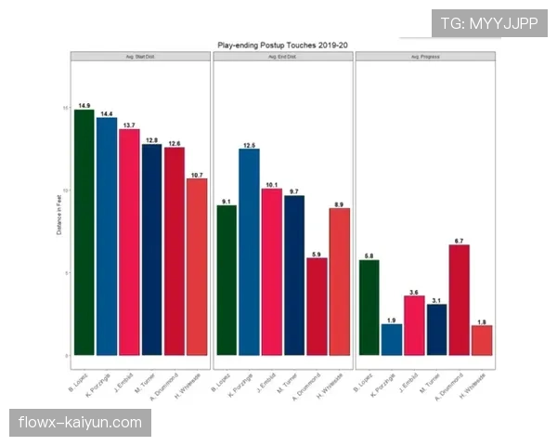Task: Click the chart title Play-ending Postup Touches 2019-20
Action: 282,44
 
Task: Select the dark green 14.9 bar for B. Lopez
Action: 84,232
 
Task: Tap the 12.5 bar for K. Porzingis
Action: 249,251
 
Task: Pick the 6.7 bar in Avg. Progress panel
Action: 459,299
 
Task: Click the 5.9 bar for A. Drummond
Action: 317,306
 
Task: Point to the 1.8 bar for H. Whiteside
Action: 482,340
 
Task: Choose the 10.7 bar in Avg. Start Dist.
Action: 197,266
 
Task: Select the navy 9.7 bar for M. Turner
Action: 294,275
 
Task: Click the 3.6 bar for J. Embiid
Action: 414,324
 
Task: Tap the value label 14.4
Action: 107,113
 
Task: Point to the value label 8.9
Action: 340,203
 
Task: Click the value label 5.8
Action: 369,256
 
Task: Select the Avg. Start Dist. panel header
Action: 141,57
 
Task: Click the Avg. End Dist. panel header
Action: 282,57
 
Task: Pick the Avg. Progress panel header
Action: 424,57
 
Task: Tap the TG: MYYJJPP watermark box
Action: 489,22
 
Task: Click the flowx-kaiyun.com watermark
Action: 82,424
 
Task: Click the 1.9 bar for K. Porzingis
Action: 392,339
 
